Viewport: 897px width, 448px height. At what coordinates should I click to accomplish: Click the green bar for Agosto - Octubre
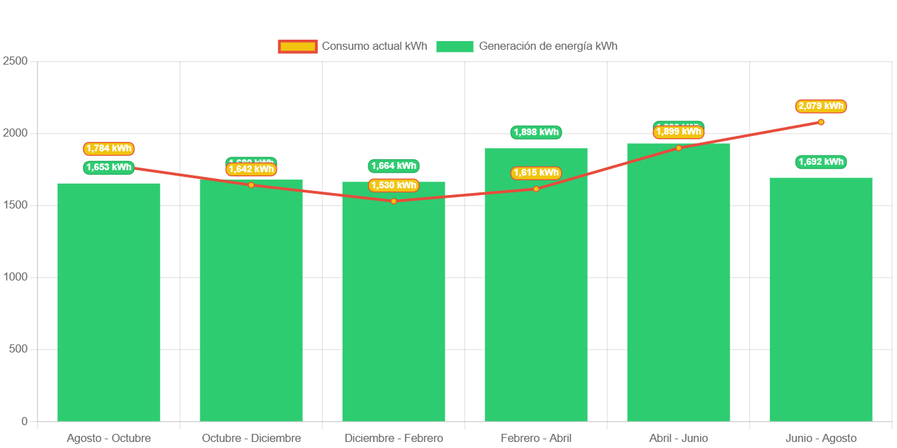coord(109,303)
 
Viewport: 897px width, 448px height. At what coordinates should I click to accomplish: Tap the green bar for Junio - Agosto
coord(821,303)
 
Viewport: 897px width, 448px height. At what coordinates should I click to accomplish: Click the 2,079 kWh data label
coord(821,106)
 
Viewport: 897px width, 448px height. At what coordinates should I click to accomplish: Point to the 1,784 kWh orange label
coord(109,149)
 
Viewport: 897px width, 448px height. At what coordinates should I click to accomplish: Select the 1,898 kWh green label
coord(536,133)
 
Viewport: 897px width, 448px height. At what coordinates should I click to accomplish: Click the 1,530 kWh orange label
coord(394,185)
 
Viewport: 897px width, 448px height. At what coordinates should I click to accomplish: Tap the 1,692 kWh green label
coord(821,162)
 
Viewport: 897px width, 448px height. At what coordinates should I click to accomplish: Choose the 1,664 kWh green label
coord(394,166)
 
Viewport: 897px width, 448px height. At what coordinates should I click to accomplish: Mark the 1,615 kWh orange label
coord(536,173)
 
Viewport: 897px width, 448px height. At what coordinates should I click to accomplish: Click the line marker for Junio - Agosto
coord(821,122)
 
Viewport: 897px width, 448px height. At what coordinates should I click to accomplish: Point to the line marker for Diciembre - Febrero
coord(394,201)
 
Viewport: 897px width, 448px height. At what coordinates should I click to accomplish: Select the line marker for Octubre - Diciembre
coord(251,185)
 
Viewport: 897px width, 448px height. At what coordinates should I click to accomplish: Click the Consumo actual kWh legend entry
coord(353,46)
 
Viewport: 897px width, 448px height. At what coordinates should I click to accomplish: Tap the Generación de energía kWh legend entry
coord(527,46)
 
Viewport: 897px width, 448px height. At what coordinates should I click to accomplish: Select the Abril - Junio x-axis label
coord(679,439)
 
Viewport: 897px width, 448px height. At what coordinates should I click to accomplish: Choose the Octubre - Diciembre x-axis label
coord(251,439)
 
